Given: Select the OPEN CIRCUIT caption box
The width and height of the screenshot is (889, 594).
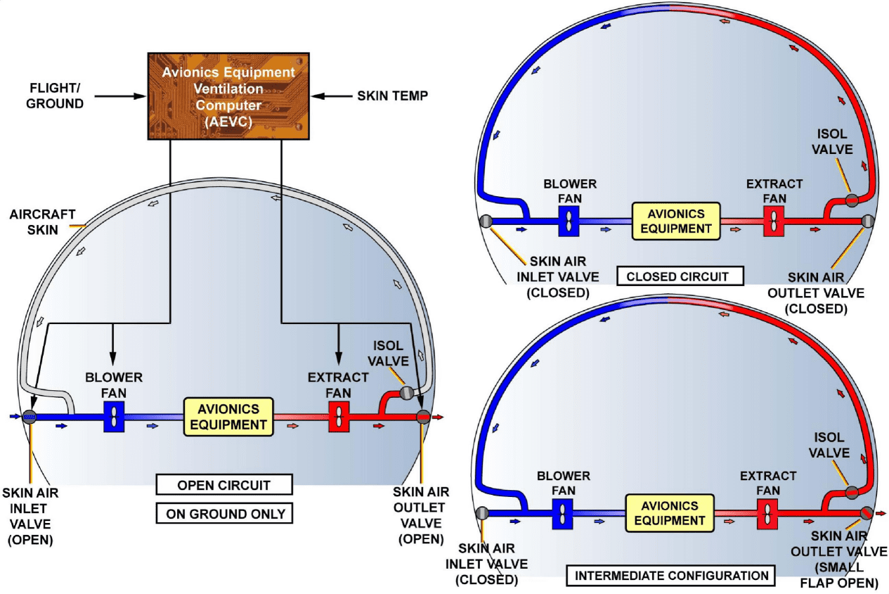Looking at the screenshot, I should pos(223,485).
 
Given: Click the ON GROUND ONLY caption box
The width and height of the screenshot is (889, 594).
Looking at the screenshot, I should pos(223,513).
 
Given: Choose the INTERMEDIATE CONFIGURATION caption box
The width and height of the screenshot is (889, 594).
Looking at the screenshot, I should pos(671,576).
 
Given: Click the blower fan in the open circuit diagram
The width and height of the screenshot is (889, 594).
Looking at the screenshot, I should pos(114,417).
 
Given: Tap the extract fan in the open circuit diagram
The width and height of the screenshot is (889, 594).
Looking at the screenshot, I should pos(339,417).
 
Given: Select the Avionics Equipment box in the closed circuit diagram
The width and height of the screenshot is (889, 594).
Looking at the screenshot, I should pos(675,221).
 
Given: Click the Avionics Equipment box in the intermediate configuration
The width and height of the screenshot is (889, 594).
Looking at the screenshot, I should pos(669,512).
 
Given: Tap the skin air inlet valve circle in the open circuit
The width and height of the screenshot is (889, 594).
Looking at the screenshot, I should pos(30,417).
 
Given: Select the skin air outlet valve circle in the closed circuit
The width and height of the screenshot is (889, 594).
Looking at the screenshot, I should pos(867,221).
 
